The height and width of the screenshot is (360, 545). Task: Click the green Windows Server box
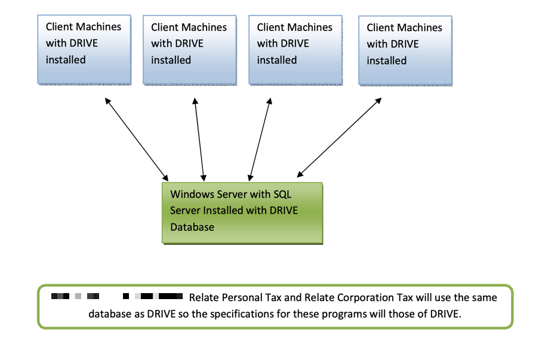coord(242,213)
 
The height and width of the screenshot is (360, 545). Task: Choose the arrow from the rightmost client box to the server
coord(339,138)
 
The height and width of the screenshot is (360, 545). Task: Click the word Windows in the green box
coord(189,194)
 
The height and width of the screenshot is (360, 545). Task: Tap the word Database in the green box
coord(192,227)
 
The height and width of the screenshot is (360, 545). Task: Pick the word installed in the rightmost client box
coord(386,61)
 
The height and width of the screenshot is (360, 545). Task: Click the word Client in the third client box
coord(272,27)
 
